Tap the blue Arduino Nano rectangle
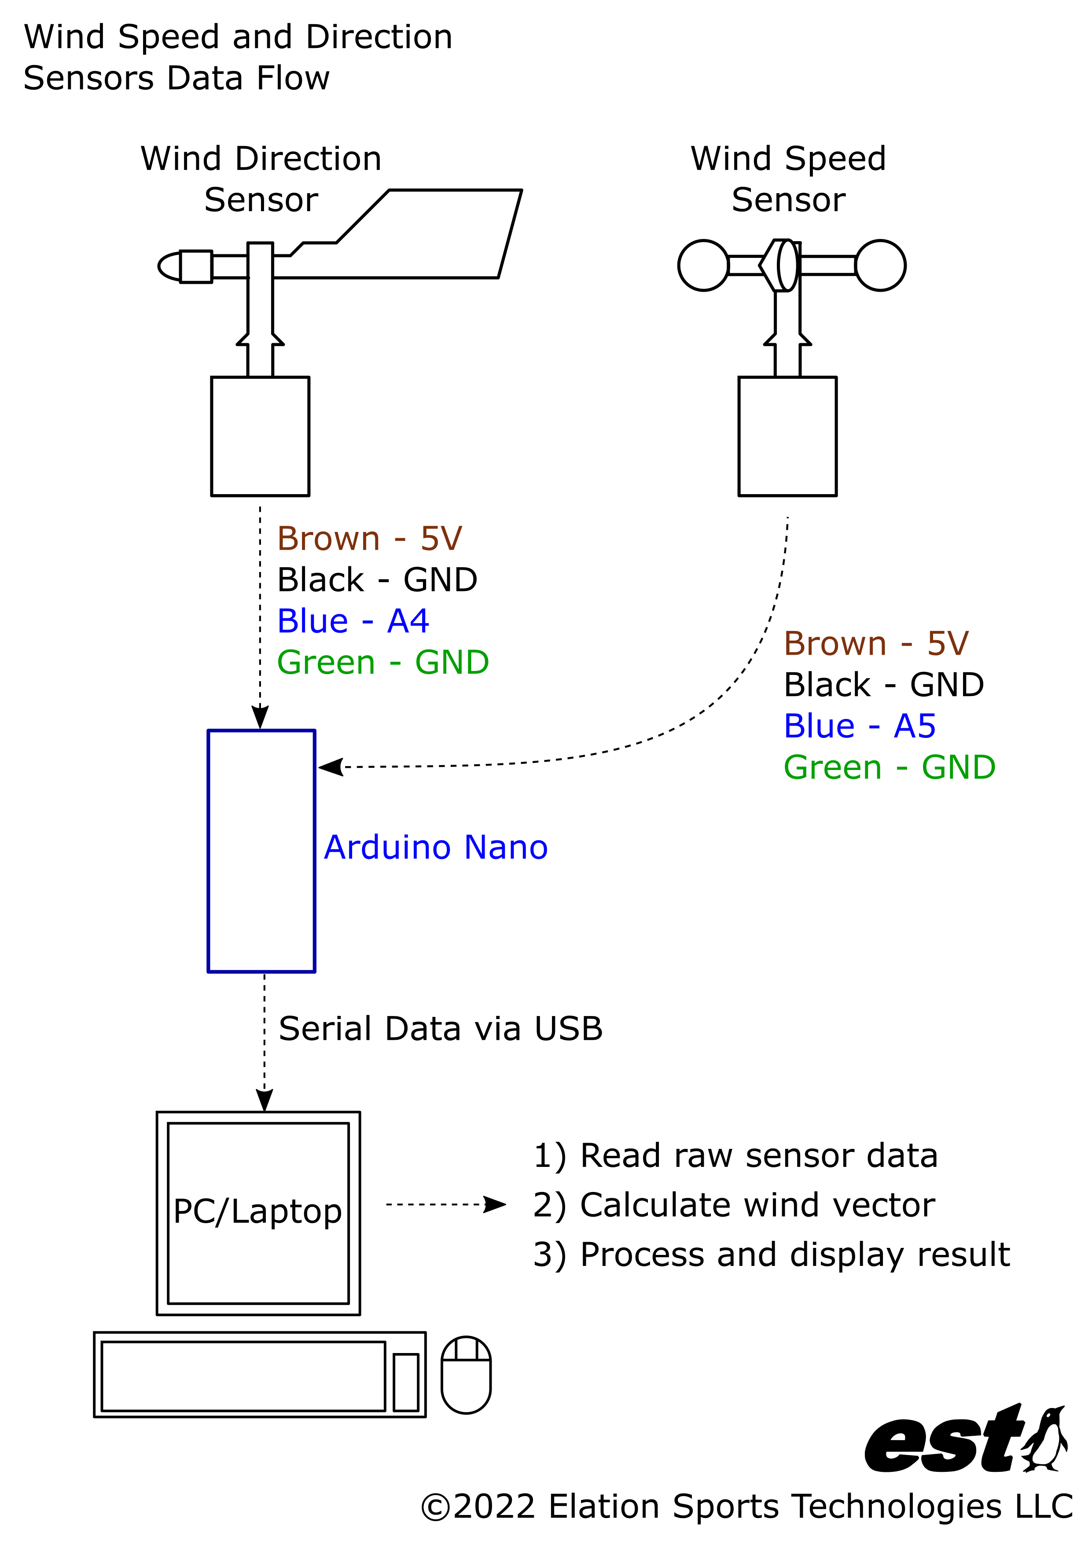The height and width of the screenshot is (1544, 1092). coord(261,851)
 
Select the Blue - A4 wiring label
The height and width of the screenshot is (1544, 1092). coord(353,621)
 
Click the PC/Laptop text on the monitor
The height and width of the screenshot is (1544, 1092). coord(257,1211)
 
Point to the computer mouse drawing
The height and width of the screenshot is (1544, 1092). coord(466,1375)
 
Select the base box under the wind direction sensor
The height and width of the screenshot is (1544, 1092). coord(261,436)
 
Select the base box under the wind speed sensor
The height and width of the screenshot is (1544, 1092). coord(787,436)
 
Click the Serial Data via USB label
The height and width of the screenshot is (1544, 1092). coord(441,1029)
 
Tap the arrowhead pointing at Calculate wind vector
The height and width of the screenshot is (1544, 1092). coord(495,1204)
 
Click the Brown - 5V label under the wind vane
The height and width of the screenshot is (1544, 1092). coord(369,539)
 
